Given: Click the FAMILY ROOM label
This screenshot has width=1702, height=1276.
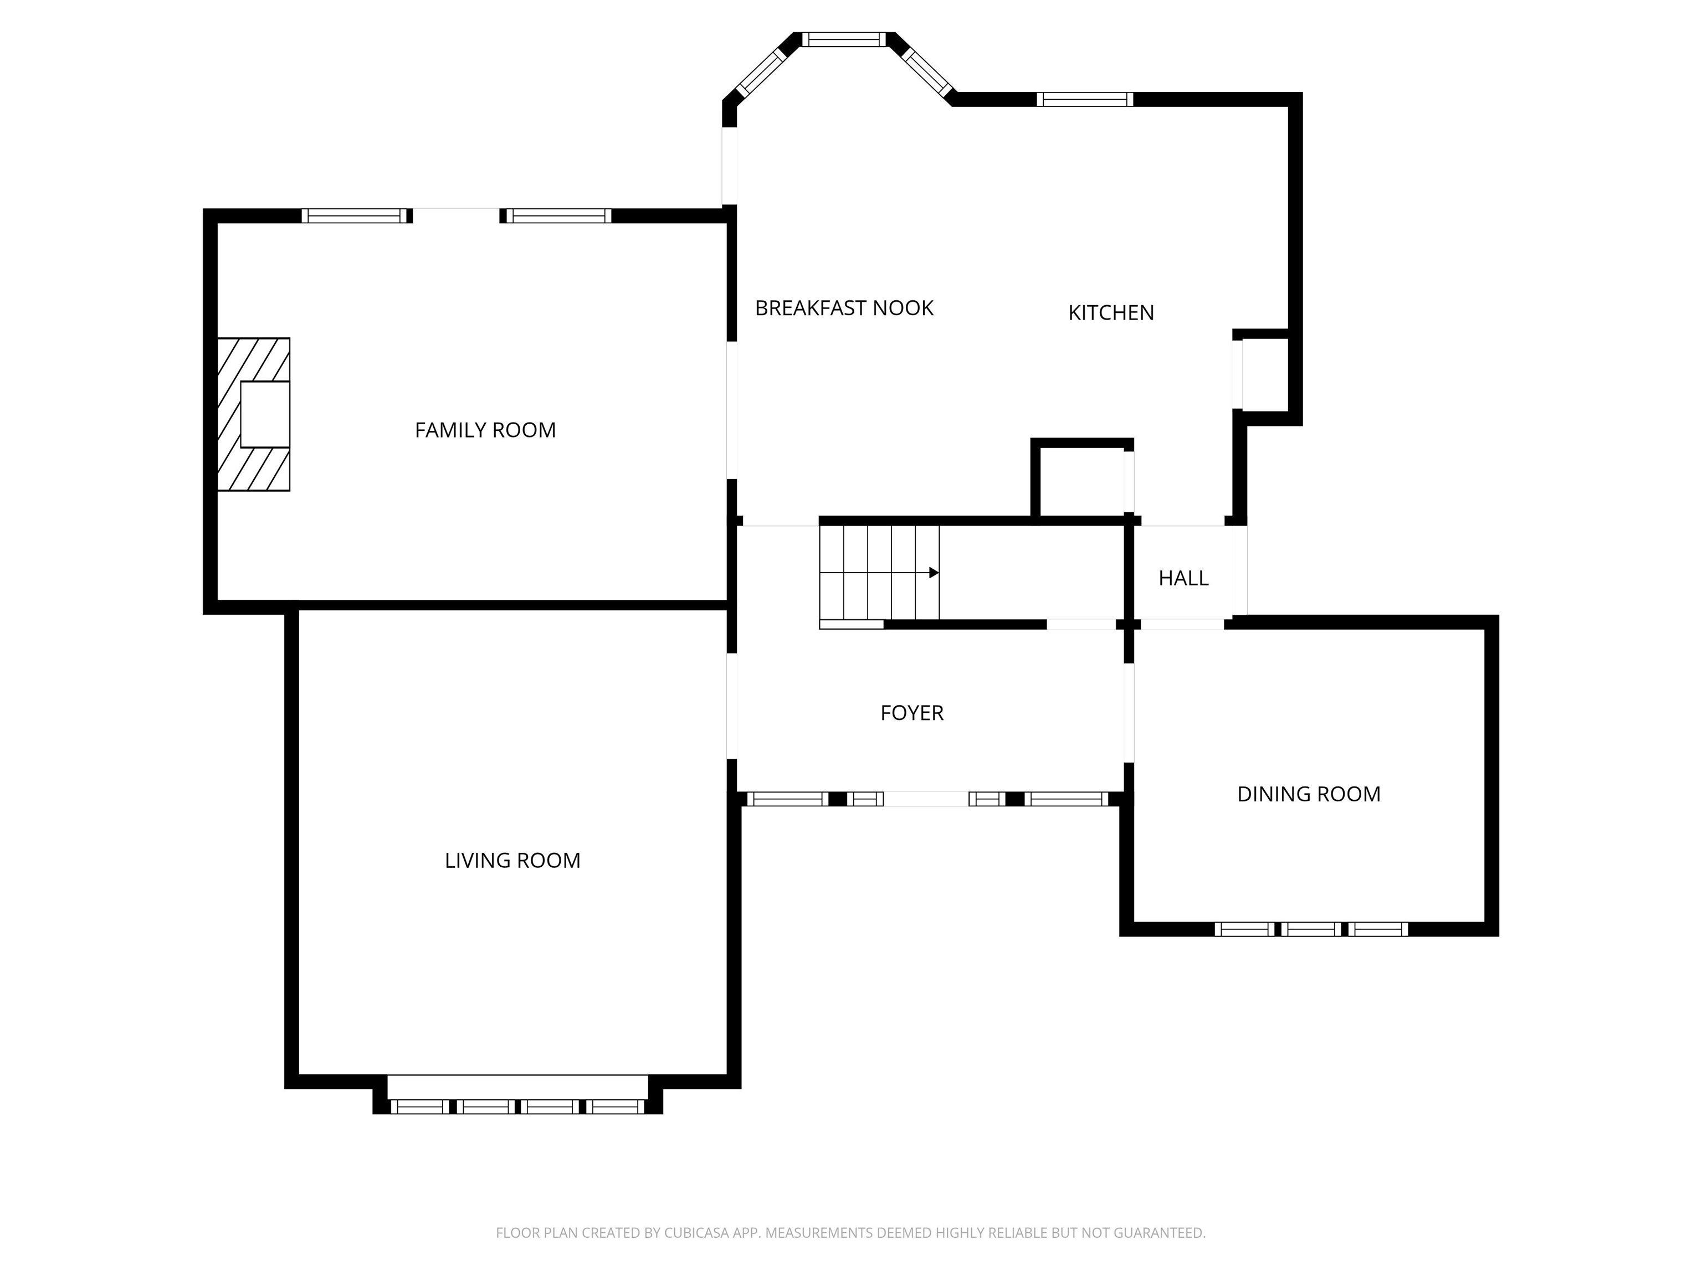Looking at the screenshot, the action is click(x=485, y=430).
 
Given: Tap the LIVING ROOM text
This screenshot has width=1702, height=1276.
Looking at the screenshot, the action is click(x=512, y=860).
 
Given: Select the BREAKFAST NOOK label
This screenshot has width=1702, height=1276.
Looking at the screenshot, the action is click(x=844, y=308).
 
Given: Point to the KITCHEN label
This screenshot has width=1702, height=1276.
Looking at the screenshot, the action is click(x=1111, y=313).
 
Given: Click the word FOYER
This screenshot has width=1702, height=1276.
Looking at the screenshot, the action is click(x=912, y=713).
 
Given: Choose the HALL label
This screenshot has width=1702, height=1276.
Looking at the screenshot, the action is click(x=1183, y=578).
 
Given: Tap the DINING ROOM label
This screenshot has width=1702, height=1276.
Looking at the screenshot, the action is click(x=1309, y=795).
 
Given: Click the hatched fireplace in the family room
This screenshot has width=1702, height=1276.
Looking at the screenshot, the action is click(x=253, y=415).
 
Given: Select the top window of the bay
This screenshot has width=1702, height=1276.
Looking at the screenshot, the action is click(x=844, y=39).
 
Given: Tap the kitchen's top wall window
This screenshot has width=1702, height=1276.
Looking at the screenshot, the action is click(x=1085, y=99).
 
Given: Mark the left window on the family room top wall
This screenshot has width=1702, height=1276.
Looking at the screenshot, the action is click(x=355, y=216).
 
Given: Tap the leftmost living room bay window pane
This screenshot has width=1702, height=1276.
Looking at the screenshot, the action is click(x=419, y=1107).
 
